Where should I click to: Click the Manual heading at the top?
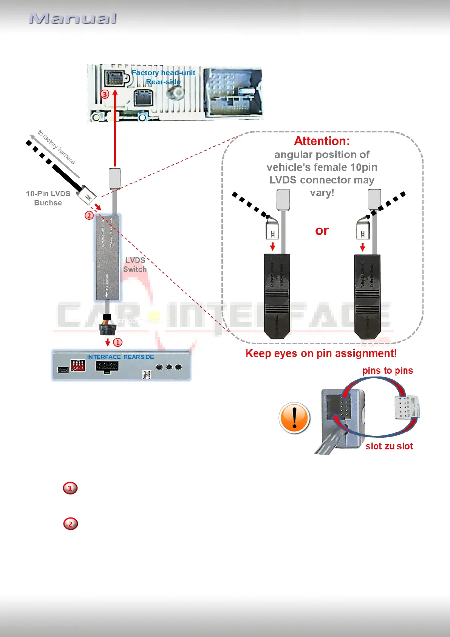73,19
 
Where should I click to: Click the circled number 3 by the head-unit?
105,94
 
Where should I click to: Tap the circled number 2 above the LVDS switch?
89,216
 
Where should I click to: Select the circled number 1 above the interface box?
118,342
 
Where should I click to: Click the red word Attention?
322,141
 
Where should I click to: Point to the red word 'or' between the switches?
322,230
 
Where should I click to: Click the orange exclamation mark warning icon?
294,418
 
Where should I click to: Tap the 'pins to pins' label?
388,371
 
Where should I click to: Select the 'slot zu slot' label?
389,446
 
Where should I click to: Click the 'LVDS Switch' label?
135,265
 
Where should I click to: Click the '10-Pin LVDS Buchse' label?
48,198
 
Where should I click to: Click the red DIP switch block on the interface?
78,365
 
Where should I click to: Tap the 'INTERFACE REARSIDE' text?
121,357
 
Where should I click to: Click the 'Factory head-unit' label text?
163,73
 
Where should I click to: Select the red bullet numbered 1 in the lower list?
70,488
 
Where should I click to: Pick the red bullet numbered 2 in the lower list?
70,524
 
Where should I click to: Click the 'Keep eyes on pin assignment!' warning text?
321,353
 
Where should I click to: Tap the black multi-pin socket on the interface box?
107,367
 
